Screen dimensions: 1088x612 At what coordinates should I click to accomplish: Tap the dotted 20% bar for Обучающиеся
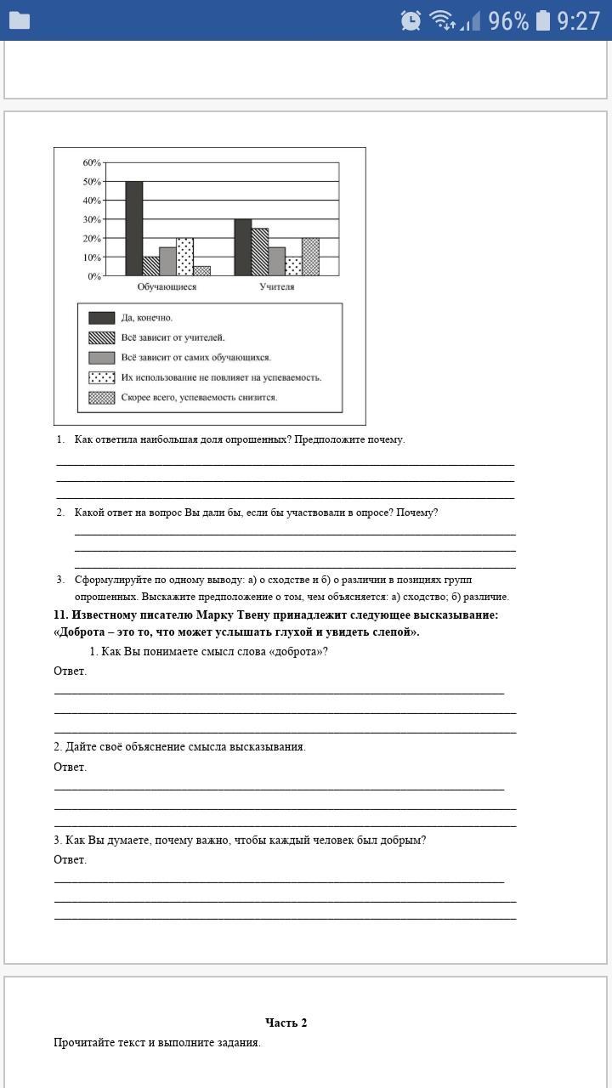pyautogui.click(x=184, y=257)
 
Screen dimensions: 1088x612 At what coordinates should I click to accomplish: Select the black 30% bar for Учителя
pyautogui.click(x=242, y=247)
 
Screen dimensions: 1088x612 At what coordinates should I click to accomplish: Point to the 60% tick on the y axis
pyautogui.click(x=91, y=162)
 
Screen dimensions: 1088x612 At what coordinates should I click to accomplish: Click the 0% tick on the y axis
pyautogui.click(x=93, y=276)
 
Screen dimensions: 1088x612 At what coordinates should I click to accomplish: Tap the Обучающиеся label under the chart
pyautogui.click(x=167, y=287)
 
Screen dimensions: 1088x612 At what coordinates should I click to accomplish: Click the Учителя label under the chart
pyautogui.click(x=277, y=287)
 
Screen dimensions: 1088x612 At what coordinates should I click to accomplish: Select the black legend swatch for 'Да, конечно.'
pyautogui.click(x=102, y=318)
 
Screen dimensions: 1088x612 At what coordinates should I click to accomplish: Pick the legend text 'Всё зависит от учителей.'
pyautogui.click(x=173, y=337)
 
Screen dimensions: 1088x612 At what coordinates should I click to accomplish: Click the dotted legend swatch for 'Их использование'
pyautogui.click(x=102, y=377)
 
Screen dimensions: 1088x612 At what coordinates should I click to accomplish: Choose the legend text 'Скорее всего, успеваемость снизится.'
pyautogui.click(x=199, y=397)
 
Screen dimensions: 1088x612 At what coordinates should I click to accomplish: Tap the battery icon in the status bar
pyautogui.click(x=543, y=20)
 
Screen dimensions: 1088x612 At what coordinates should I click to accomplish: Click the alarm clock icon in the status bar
pyautogui.click(x=411, y=20)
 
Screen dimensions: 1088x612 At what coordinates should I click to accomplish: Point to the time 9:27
pyautogui.click(x=579, y=20)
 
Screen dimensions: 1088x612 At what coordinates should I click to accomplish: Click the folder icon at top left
pyautogui.click(x=19, y=20)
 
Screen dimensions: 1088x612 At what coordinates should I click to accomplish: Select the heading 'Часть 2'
pyautogui.click(x=286, y=1023)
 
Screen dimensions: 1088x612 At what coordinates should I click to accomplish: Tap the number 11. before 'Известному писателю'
pyautogui.click(x=60, y=615)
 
